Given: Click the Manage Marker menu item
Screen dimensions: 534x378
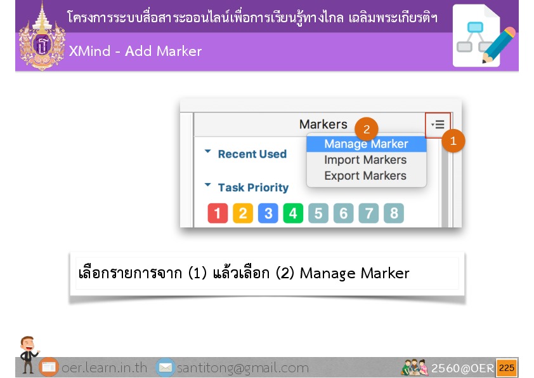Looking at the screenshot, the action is [x=367, y=144].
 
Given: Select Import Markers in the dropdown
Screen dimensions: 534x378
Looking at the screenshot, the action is [x=365, y=159].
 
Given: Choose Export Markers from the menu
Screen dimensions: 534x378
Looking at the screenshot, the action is [x=365, y=176].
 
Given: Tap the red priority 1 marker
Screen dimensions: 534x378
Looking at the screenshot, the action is [x=218, y=213].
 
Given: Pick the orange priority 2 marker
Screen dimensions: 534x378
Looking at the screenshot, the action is [x=243, y=213].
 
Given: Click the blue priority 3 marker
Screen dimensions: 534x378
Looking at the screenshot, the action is [x=268, y=213].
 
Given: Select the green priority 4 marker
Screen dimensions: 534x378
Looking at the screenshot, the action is [x=293, y=213].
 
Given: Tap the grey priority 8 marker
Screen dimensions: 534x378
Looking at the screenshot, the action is [x=394, y=213].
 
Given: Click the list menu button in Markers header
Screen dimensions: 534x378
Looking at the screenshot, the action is [x=438, y=125].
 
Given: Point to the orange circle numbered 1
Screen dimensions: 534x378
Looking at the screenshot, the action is [x=453, y=140].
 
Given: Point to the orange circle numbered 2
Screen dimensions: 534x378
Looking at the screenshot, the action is [x=367, y=130].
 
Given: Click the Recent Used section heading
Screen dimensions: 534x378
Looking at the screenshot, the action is [x=252, y=154].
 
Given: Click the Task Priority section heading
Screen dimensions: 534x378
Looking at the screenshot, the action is [x=254, y=187].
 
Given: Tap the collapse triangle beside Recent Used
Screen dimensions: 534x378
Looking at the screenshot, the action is [x=208, y=151].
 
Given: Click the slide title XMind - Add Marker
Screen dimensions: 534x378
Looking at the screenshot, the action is [x=135, y=51].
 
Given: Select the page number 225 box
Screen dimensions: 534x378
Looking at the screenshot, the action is [x=507, y=368].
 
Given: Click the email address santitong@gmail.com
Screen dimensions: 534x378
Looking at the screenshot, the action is [x=243, y=368].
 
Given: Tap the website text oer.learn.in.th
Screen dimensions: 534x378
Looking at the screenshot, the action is [x=104, y=368].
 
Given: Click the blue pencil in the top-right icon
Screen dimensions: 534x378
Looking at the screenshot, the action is [x=498, y=45].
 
